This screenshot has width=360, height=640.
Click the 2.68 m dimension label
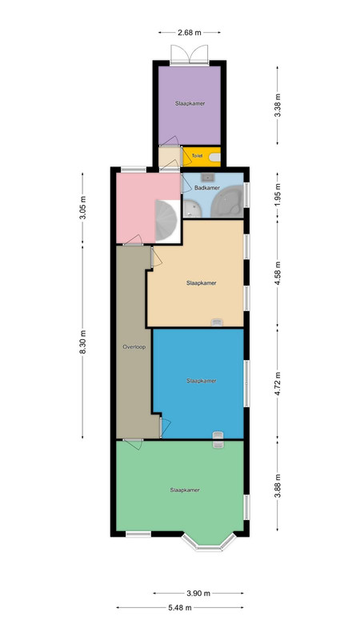click(x=190, y=33)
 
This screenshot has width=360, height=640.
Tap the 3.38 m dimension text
click(x=278, y=106)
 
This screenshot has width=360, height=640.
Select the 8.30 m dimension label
click(x=83, y=342)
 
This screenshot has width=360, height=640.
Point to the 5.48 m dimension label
click(x=180, y=608)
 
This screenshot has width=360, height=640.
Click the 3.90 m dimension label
click(x=198, y=594)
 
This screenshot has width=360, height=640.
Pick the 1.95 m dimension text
click(x=278, y=194)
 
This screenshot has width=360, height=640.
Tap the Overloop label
click(x=134, y=347)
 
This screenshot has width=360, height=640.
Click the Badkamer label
click(x=207, y=188)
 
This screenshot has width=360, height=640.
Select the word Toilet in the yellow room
click(x=197, y=156)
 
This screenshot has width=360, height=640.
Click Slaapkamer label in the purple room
click(x=190, y=104)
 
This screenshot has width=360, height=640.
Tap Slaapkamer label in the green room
click(x=185, y=490)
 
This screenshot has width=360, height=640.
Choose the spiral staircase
click(x=166, y=221)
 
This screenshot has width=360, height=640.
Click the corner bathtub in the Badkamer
click(x=226, y=202)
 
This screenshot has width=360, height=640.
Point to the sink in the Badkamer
click(x=209, y=177)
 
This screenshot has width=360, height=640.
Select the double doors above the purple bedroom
click(x=190, y=54)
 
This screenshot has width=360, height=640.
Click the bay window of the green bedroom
click(x=209, y=542)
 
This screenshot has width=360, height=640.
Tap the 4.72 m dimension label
click(x=278, y=384)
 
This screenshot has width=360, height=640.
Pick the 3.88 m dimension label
click(x=278, y=486)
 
